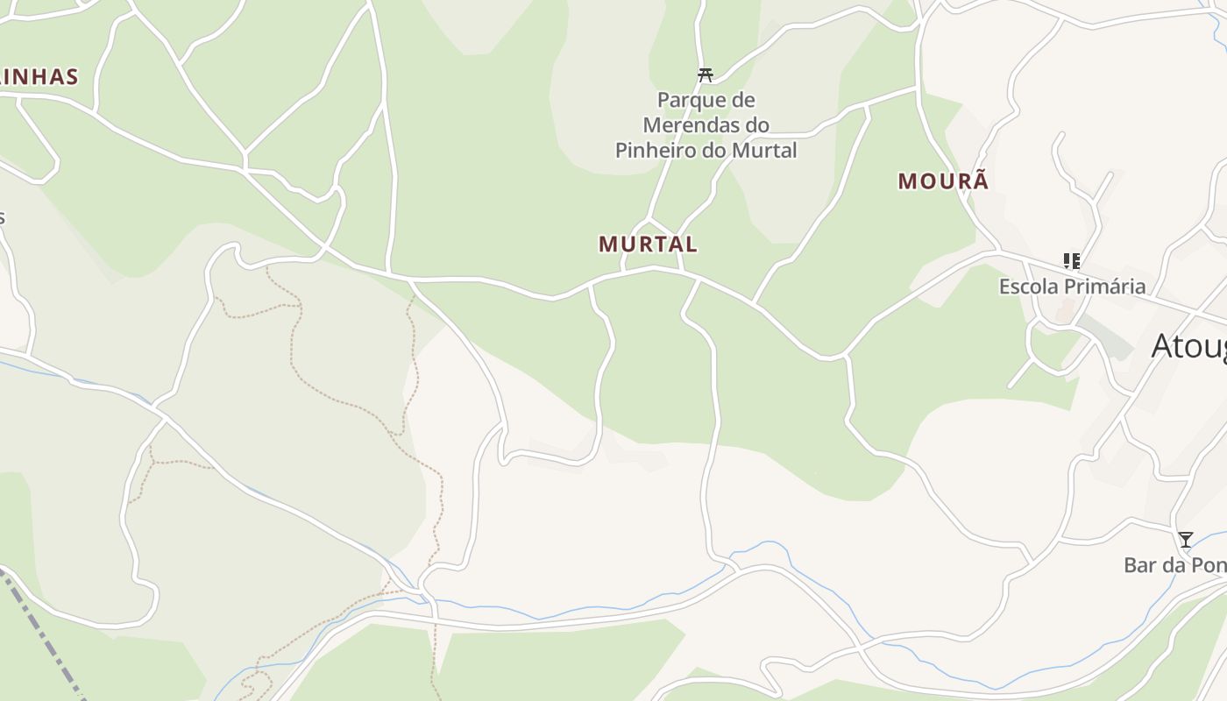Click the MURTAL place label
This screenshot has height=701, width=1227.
point(648,244)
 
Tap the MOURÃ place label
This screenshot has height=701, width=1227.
point(943,181)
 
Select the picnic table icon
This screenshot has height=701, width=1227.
point(706,74)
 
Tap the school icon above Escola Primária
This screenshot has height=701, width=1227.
point(1071,260)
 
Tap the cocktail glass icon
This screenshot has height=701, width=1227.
point(1185,539)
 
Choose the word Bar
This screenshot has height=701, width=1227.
point(1140,565)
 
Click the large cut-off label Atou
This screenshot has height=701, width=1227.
point(1188,346)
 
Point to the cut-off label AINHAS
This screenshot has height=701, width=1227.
point(39,77)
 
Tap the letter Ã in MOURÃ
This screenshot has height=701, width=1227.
point(980,181)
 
